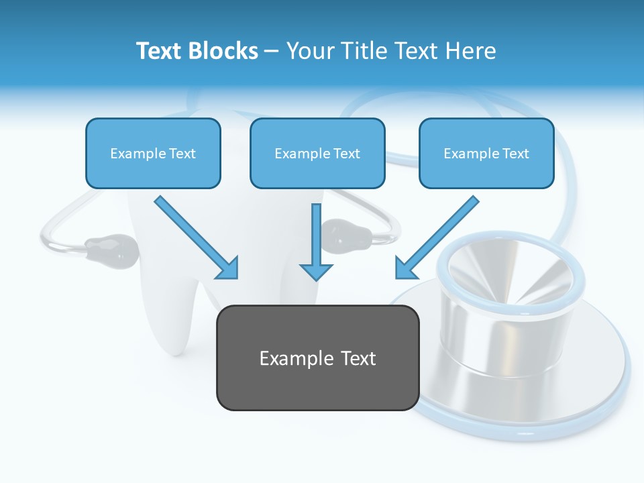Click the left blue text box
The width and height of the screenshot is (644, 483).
[x=153, y=153]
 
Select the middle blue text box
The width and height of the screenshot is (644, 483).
[x=317, y=153]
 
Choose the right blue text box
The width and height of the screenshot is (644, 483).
[x=486, y=153]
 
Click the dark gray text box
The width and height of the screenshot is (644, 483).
[x=317, y=358]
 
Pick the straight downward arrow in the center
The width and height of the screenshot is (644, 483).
[x=316, y=241]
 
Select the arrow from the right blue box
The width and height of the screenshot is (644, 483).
[x=437, y=237]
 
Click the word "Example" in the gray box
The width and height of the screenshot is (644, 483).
[x=291, y=358]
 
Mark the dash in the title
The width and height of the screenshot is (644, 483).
[x=272, y=51]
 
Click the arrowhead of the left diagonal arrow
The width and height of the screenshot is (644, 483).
[x=228, y=269]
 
